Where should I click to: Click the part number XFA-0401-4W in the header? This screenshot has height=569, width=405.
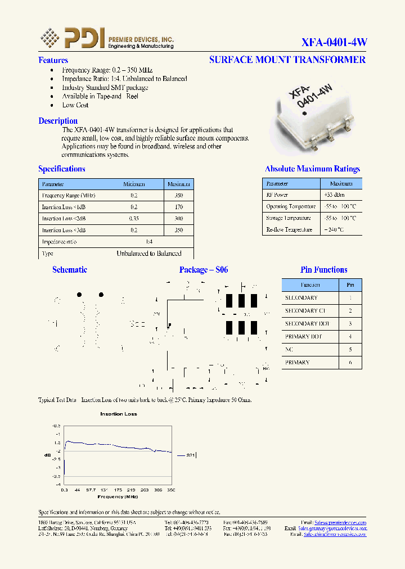[x=334, y=42]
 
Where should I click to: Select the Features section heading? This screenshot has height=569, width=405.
[x=53, y=60]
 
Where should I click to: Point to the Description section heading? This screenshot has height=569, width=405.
[x=58, y=121]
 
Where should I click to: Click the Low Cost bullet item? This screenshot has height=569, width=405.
[x=75, y=105]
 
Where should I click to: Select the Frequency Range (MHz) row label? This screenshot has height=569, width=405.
[x=69, y=196]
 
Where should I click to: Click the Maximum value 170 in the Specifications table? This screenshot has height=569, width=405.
[x=179, y=207]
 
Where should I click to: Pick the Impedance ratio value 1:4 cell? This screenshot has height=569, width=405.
[x=149, y=242]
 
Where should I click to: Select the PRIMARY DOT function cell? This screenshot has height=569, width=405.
[x=303, y=337]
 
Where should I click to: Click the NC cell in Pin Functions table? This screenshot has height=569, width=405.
[x=289, y=350]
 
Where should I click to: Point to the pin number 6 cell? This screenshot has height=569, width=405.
[x=350, y=363]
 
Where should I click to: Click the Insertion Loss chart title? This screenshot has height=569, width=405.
[x=119, y=414]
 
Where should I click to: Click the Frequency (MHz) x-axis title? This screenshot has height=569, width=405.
[x=118, y=497]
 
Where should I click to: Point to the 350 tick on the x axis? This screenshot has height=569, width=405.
[x=171, y=490]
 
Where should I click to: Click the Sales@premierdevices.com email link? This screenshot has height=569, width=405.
[x=340, y=522]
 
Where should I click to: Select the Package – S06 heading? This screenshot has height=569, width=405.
[x=204, y=270]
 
